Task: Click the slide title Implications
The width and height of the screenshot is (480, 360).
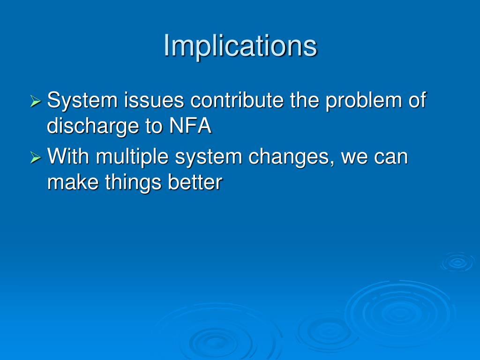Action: point(240,46)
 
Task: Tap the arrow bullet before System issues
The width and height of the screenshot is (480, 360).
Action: point(36,101)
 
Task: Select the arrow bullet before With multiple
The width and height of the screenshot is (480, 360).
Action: point(36,157)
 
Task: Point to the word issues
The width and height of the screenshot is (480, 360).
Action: point(154,100)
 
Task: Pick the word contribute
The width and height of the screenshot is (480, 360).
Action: point(237,100)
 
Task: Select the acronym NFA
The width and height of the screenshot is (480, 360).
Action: point(190,126)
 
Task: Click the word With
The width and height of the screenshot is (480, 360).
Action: point(68,156)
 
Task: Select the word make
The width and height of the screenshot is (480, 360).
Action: point(73,182)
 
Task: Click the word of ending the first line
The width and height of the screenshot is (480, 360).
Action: point(417,100)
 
